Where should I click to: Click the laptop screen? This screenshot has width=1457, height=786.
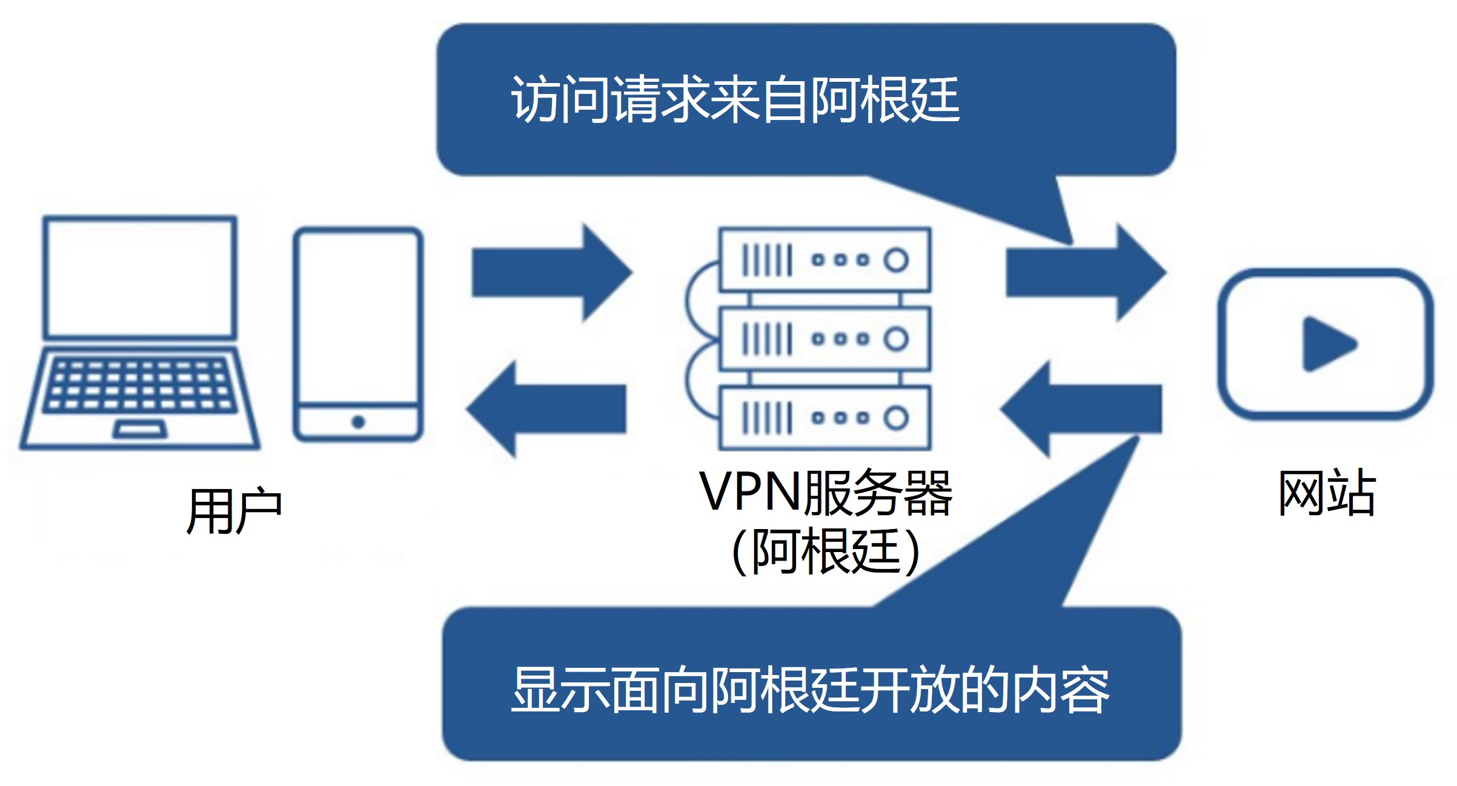pyautogui.click(x=140, y=277)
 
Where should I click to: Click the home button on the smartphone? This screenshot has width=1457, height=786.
pyautogui.click(x=358, y=422)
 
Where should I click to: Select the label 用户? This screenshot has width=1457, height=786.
pyautogui.click(x=234, y=511)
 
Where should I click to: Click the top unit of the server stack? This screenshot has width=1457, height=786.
pyautogui.click(x=825, y=260)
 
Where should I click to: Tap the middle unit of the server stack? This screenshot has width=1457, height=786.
pyautogui.click(x=825, y=339)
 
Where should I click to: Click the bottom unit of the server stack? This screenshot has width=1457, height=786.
pyautogui.click(x=825, y=418)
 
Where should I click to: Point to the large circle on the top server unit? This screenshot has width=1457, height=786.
pyautogui.click(x=896, y=260)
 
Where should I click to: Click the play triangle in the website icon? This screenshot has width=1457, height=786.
pyautogui.click(x=1327, y=344)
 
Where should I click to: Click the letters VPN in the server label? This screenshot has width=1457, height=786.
pyautogui.click(x=750, y=491)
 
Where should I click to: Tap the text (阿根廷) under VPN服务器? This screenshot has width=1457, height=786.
pyautogui.click(x=826, y=551)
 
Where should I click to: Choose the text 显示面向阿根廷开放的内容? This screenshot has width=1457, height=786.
pyautogui.click(x=810, y=690)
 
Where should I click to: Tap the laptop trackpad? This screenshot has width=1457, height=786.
pyautogui.click(x=140, y=430)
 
